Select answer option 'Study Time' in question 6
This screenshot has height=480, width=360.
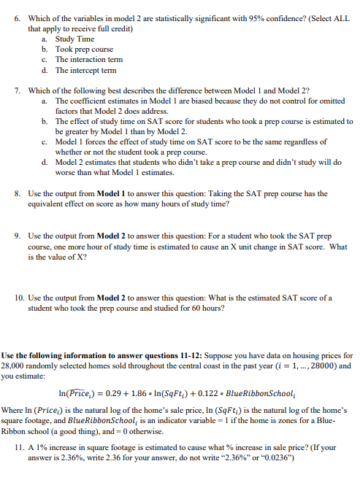point(75,39)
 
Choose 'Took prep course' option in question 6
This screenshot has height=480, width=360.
point(85,49)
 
